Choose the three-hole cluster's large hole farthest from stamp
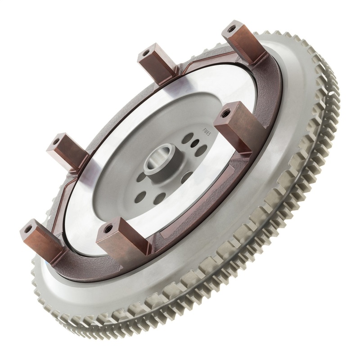pyautogui.click(x=202, y=150)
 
